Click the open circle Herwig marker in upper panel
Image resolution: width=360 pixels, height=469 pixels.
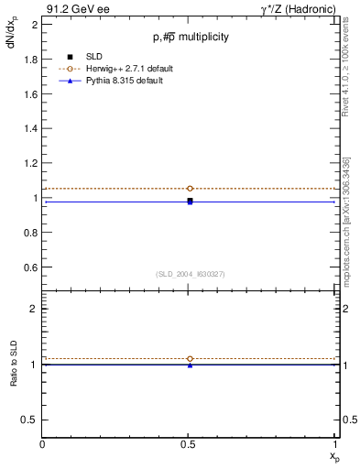click(190, 189)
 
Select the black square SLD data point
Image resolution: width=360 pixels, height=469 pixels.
click(190, 200)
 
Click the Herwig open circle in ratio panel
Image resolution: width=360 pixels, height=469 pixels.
click(190, 359)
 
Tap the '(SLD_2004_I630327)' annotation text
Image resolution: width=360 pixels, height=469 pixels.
click(191, 274)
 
